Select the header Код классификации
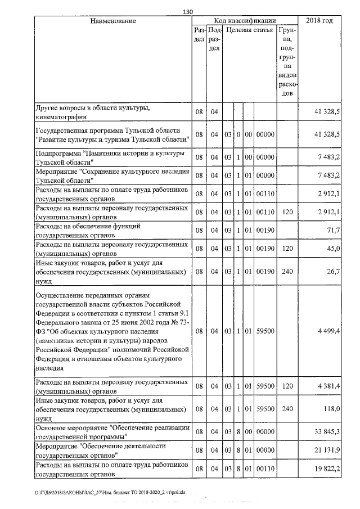pos(245,21)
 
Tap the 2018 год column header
pos(319,21)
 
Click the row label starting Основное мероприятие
pos(111,432)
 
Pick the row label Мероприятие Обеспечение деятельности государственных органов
pos(101,450)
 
